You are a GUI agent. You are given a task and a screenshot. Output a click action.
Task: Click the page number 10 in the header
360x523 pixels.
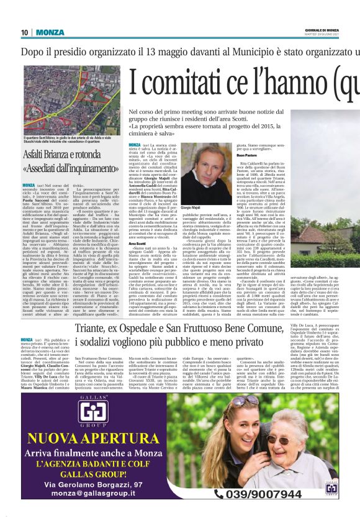click(x=25, y=32)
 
